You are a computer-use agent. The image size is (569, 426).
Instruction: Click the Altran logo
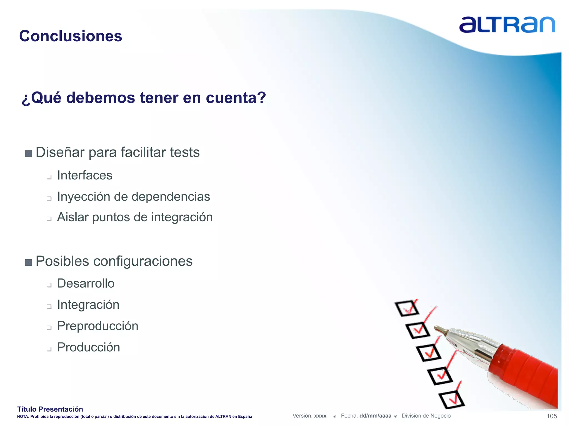coord(507,25)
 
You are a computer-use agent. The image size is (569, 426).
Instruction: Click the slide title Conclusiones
coord(71,36)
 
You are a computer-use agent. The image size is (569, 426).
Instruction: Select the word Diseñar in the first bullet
coord(60,152)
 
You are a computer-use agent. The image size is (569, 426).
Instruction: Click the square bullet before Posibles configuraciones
coord(29,262)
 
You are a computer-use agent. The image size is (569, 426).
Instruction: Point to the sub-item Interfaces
coord(84,175)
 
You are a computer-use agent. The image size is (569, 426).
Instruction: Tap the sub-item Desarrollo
coord(86,283)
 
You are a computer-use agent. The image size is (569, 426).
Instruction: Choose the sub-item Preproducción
coord(98,326)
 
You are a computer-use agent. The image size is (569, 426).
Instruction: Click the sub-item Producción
coord(88,347)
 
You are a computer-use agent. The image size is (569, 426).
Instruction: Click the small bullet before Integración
coord(49,306)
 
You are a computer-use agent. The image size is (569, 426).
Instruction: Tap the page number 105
coord(551,416)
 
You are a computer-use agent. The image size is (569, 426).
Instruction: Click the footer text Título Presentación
coord(50,409)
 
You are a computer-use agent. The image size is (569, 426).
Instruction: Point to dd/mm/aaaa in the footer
coord(375,416)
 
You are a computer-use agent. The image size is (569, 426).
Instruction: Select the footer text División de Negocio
coord(426,416)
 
